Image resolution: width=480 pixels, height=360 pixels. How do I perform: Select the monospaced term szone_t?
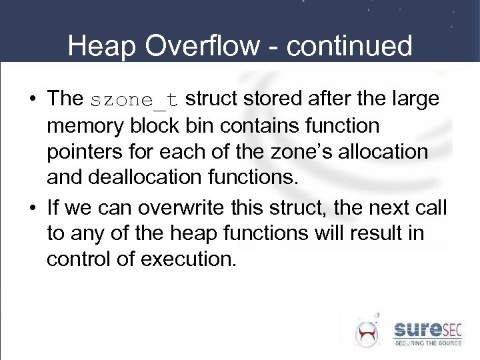click(134, 100)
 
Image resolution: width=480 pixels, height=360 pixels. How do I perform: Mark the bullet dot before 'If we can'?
click(32, 207)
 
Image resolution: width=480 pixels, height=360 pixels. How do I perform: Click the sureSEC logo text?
click(427, 329)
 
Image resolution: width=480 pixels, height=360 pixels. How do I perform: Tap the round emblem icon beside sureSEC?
click(366, 331)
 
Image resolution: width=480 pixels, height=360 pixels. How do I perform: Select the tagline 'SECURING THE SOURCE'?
click(427, 343)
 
